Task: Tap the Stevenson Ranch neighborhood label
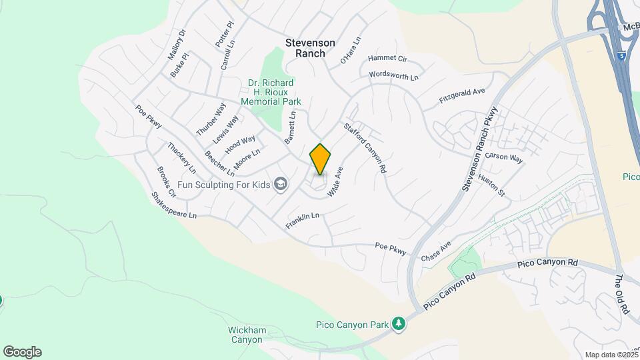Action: click(x=305, y=47)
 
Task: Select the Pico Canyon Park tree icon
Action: click(x=399, y=324)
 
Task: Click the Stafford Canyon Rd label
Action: click(x=365, y=147)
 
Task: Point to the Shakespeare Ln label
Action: click(x=174, y=206)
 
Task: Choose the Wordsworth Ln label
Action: click(x=393, y=76)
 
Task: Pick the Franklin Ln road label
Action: click(x=303, y=220)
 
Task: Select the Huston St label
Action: click(x=492, y=185)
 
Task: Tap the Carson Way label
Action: click(x=503, y=157)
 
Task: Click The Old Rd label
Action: click(x=622, y=295)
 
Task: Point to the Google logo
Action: click(x=22, y=352)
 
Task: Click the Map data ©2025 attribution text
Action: click(x=611, y=355)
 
